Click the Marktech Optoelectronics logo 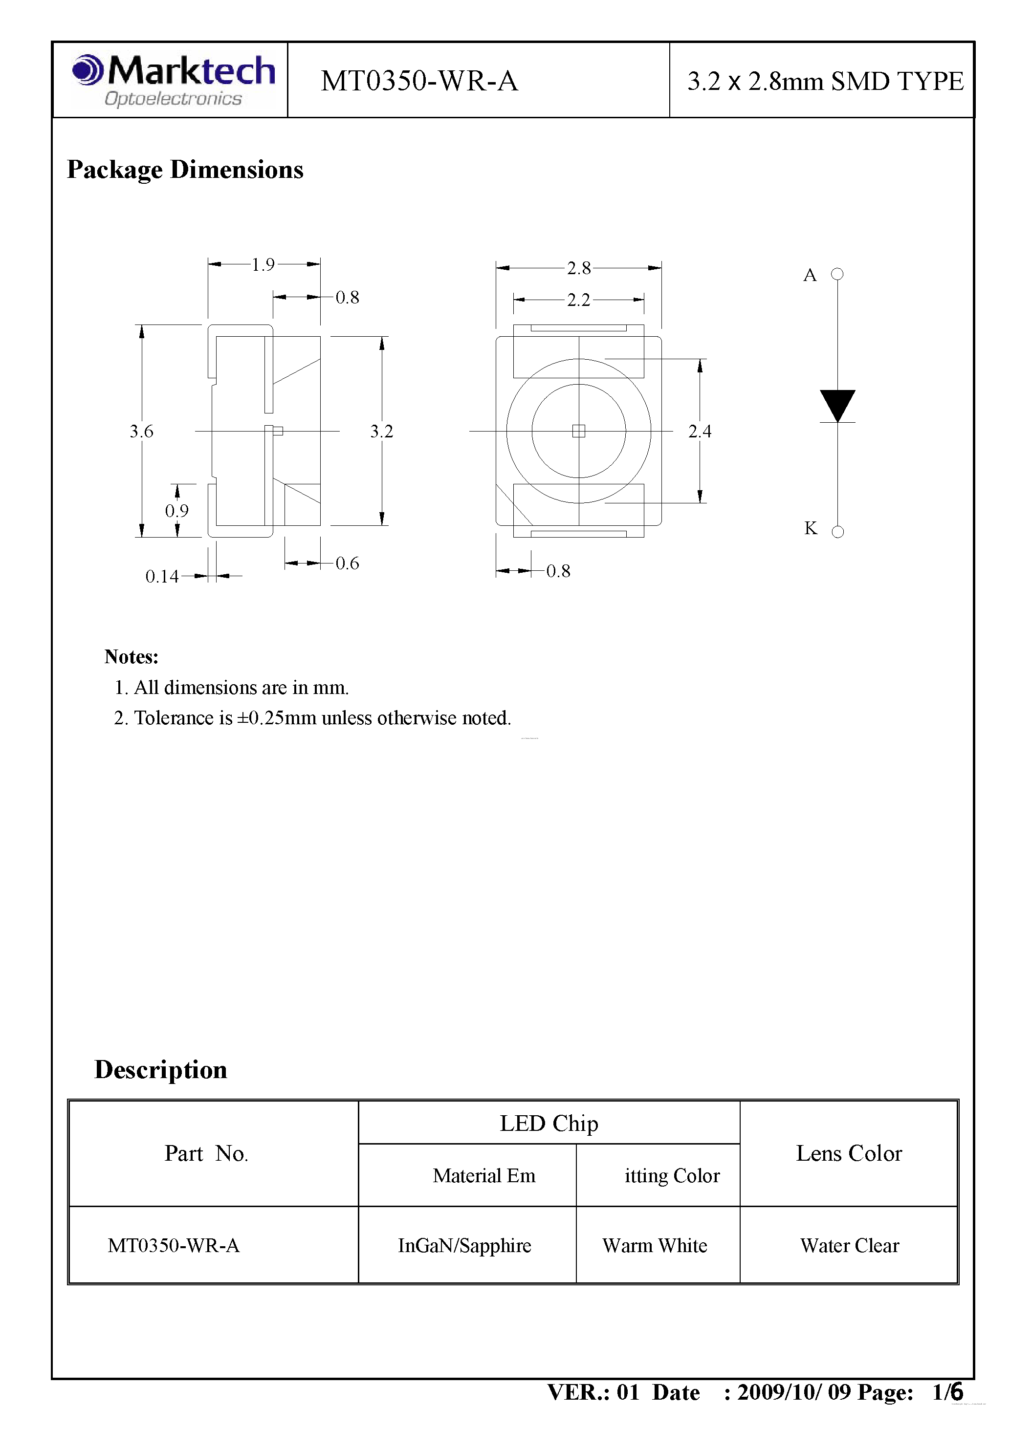click(x=173, y=80)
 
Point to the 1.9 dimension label click(x=263, y=265)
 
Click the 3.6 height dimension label click(x=141, y=432)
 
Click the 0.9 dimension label click(x=177, y=511)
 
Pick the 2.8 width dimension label click(x=578, y=268)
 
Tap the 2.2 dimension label click(x=578, y=300)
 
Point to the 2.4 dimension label click(x=699, y=432)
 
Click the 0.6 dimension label click(x=347, y=563)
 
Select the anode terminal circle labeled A click(x=837, y=274)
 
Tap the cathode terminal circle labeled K click(x=837, y=532)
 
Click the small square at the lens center click(x=578, y=431)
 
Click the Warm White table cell click(x=655, y=1245)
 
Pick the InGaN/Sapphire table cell click(x=464, y=1245)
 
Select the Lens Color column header click(x=848, y=1153)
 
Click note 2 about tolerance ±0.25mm click(x=312, y=718)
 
